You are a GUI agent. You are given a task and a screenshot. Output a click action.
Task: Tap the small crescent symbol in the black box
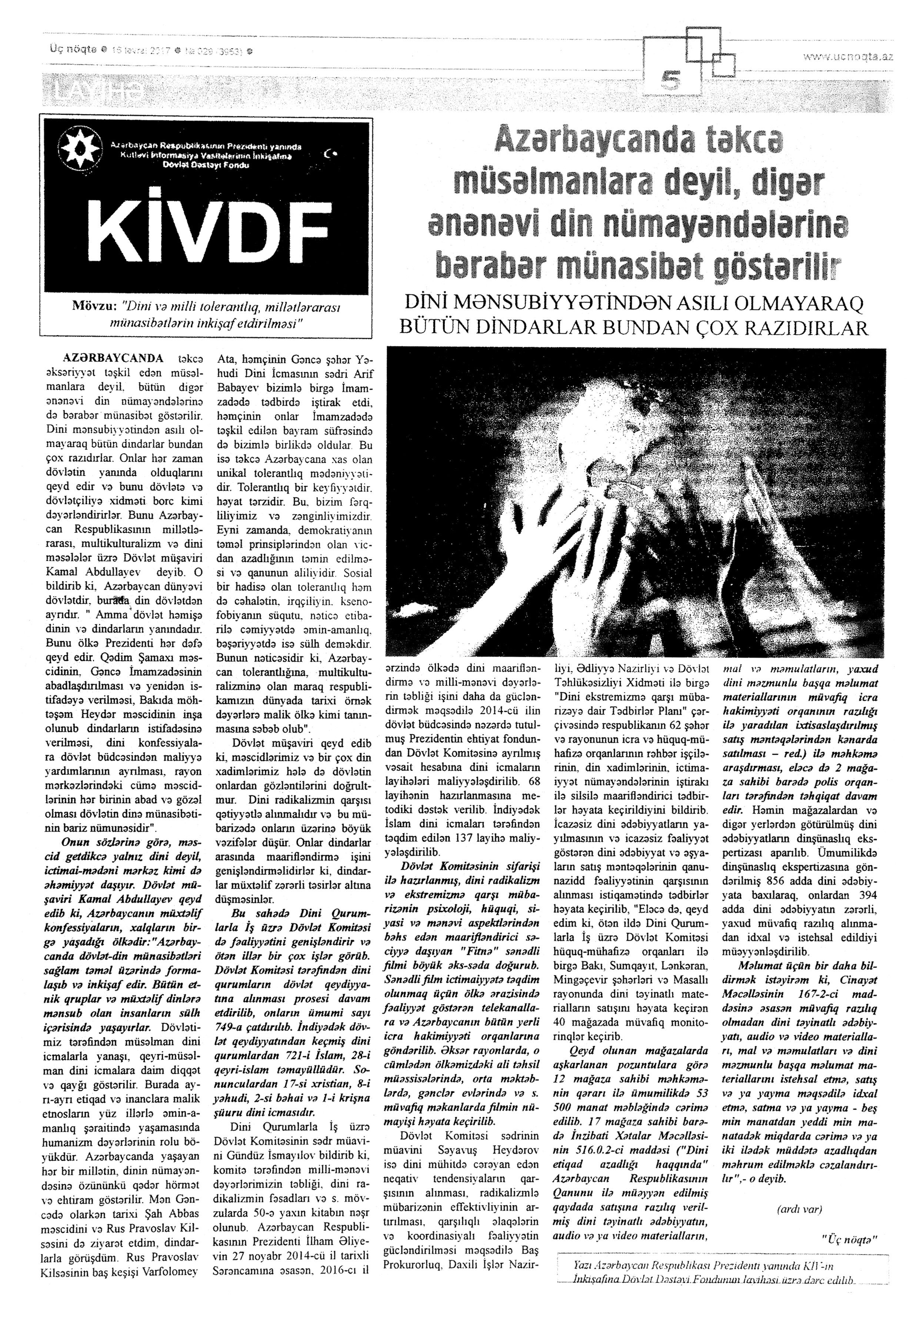click(330, 154)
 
